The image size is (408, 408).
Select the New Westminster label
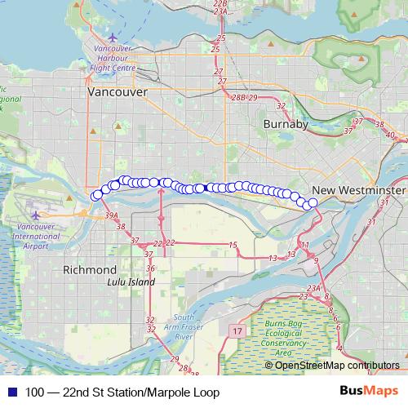[358, 190]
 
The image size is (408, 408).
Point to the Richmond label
[90, 269]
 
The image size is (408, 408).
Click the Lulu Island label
[131, 282]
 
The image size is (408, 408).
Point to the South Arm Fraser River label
[183, 326]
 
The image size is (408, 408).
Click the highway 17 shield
[237, 330]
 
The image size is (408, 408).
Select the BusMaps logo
[370, 392]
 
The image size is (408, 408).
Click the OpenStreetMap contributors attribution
[337, 366]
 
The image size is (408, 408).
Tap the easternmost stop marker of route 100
[313, 202]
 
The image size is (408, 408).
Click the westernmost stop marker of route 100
[95, 195]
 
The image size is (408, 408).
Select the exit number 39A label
[112, 215]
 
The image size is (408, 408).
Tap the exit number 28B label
[237, 97]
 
